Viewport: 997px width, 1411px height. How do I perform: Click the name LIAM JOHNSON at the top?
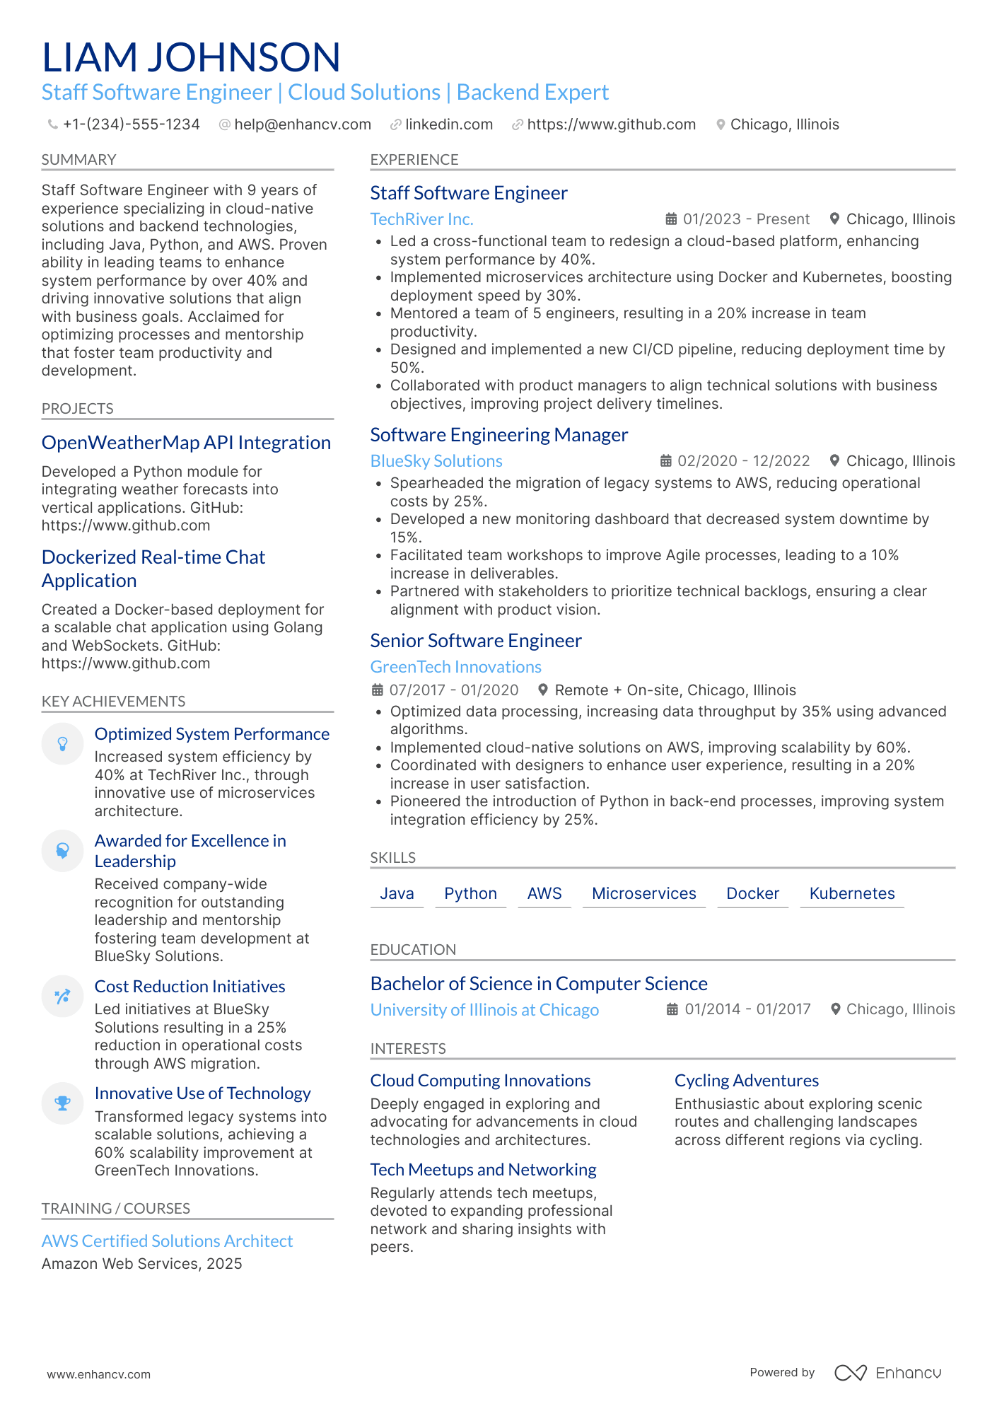pyautogui.click(x=191, y=57)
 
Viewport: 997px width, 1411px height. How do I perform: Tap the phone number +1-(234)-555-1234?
pyautogui.click(x=131, y=124)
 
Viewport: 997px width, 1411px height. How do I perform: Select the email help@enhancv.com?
pyautogui.click(x=302, y=124)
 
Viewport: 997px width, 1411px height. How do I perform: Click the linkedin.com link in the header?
pyautogui.click(x=448, y=124)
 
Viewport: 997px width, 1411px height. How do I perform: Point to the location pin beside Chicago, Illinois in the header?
pyautogui.click(x=721, y=124)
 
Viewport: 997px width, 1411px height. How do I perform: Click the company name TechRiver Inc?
pyautogui.click(x=421, y=219)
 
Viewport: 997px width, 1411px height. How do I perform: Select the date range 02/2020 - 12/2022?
pyautogui.click(x=743, y=461)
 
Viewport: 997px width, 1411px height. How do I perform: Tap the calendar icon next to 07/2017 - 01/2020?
pyautogui.click(x=378, y=690)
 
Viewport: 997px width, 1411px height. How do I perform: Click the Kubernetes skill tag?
pyautogui.click(x=851, y=893)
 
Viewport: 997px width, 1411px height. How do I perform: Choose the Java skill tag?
pyautogui.click(x=397, y=893)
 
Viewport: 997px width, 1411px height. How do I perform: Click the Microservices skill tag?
pyautogui.click(x=643, y=893)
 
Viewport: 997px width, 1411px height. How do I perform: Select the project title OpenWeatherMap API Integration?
pyautogui.click(x=186, y=443)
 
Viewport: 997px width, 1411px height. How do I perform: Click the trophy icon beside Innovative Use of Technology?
pyautogui.click(x=63, y=1103)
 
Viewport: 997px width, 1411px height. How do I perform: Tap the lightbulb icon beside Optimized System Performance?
pyautogui.click(x=63, y=743)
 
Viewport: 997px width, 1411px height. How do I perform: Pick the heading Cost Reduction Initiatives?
pyautogui.click(x=190, y=987)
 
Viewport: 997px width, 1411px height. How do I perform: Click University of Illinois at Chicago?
pyautogui.click(x=484, y=1010)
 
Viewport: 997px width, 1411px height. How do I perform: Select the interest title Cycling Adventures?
pyautogui.click(x=746, y=1081)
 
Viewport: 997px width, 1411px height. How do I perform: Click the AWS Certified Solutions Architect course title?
pyautogui.click(x=167, y=1241)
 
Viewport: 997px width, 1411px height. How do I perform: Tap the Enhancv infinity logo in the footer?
pyautogui.click(x=850, y=1373)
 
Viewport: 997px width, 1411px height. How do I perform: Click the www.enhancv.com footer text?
pyautogui.click(x=98, y=1374)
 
